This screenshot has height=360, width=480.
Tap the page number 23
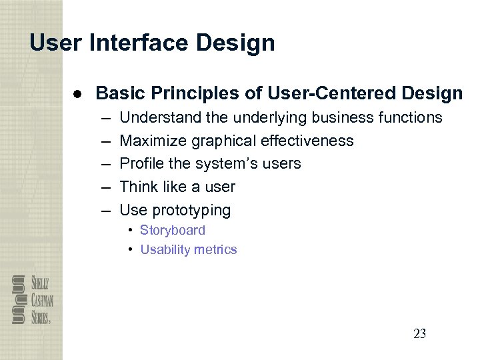pyautogui.click(x=419, y=334)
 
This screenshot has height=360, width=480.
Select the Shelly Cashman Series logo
pyautogui.click(x=32, y=299)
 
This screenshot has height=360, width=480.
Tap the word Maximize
pyautogui.click(x=153, y=141)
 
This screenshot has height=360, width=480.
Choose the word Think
pyautogui.click(x=139, y=187)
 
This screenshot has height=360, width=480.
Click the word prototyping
pyautogui.click(x=191, y=211)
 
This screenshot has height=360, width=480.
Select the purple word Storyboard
pyautogui.click(x=173, y=230)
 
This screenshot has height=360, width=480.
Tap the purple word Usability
pyautogui.click(x=163, y=250)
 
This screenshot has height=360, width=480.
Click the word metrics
pyautogui.click(x=213, y=250)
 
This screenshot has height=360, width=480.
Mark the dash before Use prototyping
pyautogui.click(x=105, y=211)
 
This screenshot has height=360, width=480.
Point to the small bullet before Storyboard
pyautogui.click(x=131, y=230)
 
